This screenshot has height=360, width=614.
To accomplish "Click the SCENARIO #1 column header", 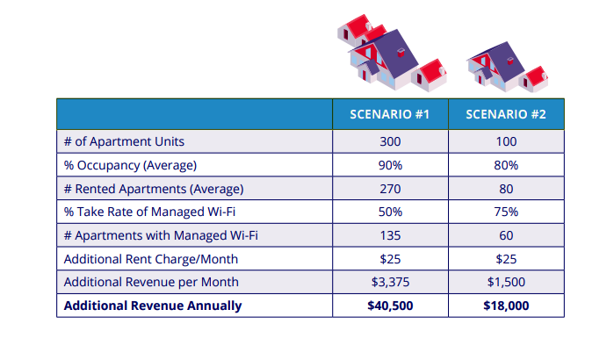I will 390,114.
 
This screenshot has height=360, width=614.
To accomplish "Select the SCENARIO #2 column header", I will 505,114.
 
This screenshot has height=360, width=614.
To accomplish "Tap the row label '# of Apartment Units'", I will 124,141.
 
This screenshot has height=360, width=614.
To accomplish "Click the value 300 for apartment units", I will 390,141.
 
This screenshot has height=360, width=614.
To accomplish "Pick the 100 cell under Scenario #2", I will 505,141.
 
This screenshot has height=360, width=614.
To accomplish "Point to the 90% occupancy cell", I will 390,165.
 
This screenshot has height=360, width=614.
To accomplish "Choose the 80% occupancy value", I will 505,165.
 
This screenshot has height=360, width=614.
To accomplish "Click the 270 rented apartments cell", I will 390,189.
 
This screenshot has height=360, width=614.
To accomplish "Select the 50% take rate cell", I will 390,212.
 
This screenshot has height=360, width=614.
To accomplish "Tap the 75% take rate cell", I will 505,212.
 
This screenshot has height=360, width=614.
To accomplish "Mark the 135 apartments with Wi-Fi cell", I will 390,235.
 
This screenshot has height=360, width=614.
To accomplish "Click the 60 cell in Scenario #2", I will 505,235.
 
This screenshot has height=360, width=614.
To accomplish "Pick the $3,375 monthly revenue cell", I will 390,282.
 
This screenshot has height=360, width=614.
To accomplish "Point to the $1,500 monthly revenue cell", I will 505,282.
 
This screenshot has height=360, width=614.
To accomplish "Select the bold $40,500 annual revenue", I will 390,306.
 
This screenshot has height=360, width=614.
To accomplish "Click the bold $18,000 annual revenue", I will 505,306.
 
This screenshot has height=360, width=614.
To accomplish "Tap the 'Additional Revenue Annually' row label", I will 152,306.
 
